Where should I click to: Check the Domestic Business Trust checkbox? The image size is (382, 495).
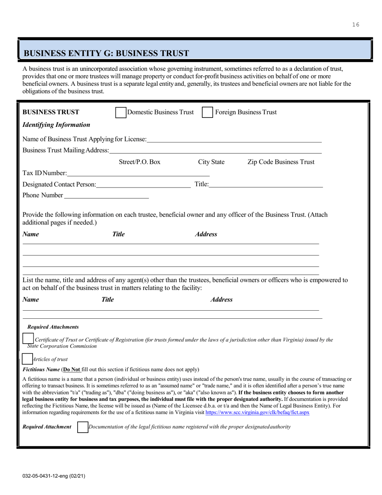coord(121,112)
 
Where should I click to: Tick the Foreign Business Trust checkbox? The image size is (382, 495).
coord(207,112)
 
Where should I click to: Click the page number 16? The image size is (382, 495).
coord(355,25)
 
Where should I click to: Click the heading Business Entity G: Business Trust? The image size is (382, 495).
coord(107,53)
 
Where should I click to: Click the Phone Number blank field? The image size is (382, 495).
coord(106,196)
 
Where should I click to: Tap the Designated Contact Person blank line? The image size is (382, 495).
coord(144,185)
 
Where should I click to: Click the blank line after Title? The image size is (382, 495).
coord(266,185)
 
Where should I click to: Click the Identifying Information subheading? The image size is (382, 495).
coord(56,125)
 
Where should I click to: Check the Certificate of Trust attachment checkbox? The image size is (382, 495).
coord(28,339)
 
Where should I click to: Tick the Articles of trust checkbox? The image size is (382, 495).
coord(27,359)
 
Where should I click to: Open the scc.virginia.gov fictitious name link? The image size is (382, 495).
coord(257,412)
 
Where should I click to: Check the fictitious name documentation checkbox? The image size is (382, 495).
coord(82,427)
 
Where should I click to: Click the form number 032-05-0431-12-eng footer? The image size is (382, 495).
coord(53,476)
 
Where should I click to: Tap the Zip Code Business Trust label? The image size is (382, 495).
coord(281,162)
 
